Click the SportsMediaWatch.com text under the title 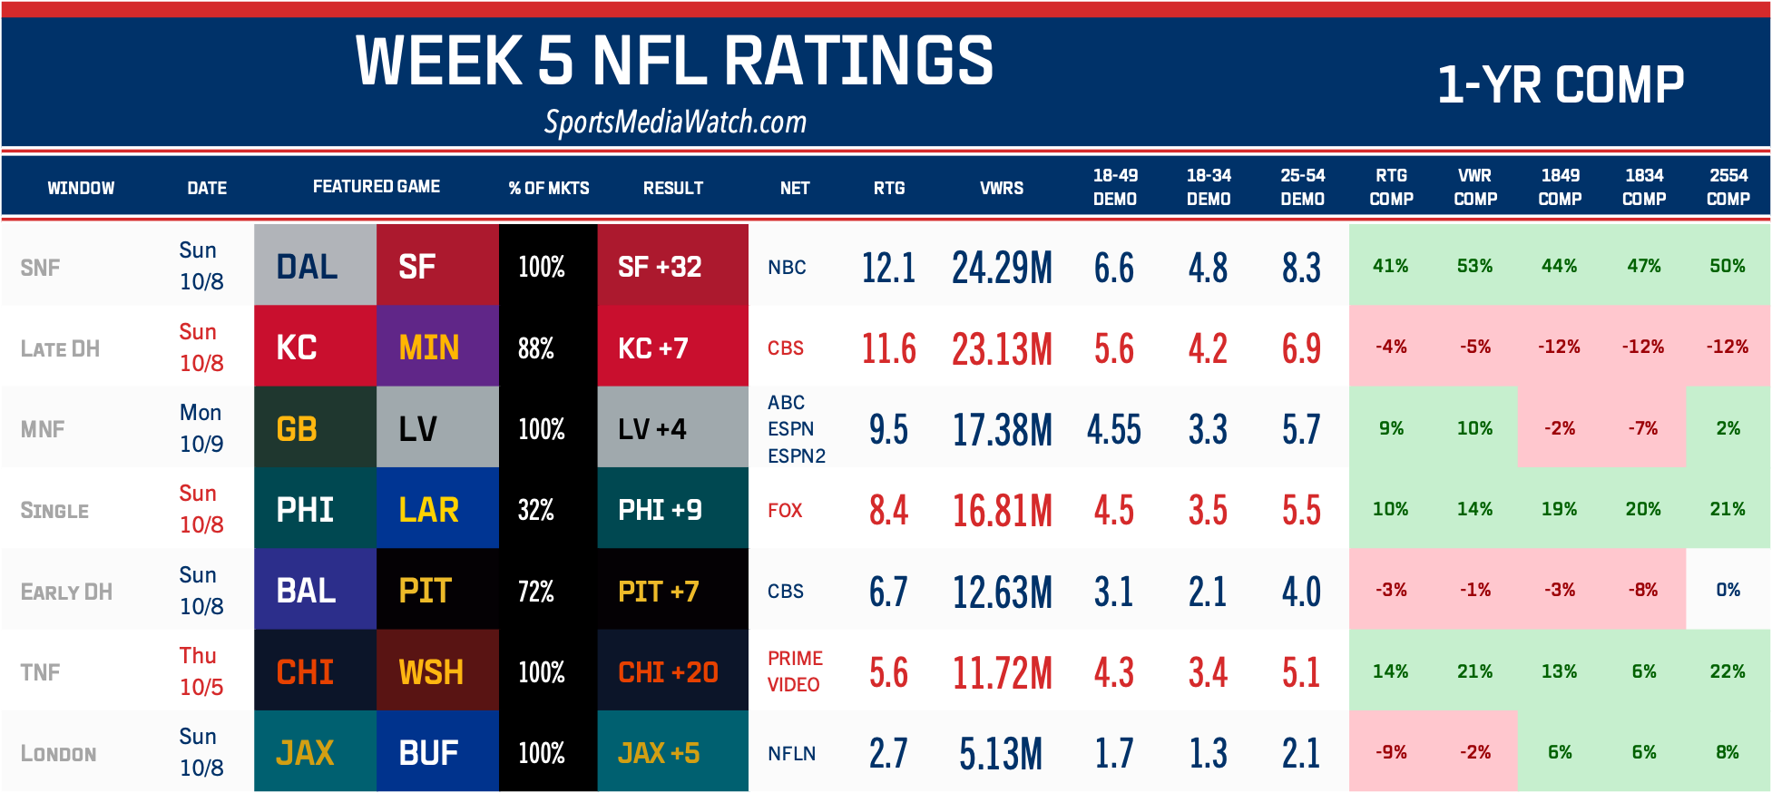(x=675, y=122)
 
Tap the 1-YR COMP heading (x=1560, y=85)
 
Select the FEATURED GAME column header (x=377, y=187)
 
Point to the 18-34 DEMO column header (x=1209, y=187)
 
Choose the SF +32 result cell (x=672, y=267)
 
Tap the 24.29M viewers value (x=1002, y=268)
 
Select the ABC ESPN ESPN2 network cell (x=796, y=429)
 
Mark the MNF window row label (x=43, y=429)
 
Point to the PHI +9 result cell (x=672, y=510)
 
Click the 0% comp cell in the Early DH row (x=1728, y=590)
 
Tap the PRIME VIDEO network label (x=795, y=671)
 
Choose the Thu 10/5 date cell (x=201, y=671)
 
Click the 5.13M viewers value (x=1001, y=753)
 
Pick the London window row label (x=58, y=754)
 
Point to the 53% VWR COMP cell (x=1474, y=266)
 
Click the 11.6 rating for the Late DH (x=888, y=348)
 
